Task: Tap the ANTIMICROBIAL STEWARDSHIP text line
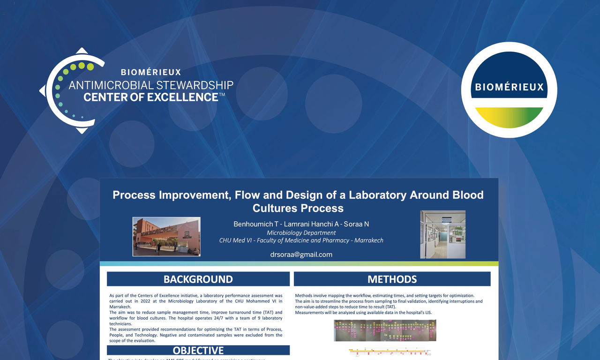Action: point(151,85)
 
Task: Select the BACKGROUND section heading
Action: point(198,279)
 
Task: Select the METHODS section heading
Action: point(392,279)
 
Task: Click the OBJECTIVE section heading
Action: point(198,351)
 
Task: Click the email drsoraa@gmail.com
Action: point(301,255)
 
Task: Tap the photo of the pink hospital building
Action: point(166,236)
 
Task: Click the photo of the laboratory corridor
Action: point(442,234)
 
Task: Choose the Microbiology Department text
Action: point(301,232)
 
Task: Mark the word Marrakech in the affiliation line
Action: point(369,240)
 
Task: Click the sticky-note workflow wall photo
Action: point(384,330)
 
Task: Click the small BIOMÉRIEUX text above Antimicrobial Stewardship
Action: point(150,73)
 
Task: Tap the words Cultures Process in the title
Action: point(298,208)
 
